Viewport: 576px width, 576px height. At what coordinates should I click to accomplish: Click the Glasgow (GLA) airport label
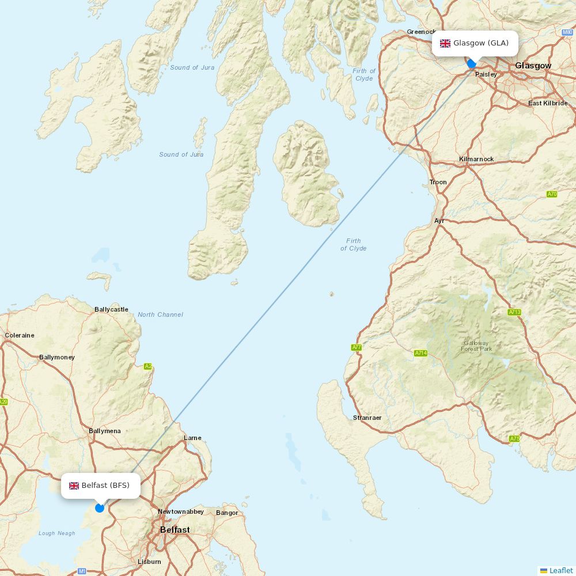(475, 43)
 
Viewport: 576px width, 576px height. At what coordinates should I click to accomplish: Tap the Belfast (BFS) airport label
(101, 486)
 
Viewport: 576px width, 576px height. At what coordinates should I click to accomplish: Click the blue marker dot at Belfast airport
(100, 507)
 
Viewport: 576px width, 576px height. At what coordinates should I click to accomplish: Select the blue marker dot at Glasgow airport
(472, 64)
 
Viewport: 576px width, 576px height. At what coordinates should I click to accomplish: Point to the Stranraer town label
(367, 418)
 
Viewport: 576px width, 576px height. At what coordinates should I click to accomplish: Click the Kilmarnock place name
(476, 159)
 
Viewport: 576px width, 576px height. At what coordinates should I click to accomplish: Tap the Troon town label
(438, 182)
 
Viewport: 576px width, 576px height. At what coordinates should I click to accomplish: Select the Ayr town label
(439, 221)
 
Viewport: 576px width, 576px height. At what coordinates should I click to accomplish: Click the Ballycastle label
(111, 309)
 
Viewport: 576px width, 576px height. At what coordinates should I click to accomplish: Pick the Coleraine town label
(20, 335)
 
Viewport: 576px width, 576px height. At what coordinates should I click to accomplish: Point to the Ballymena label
(105, 431)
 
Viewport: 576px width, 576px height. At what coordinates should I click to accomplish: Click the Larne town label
(192, 438)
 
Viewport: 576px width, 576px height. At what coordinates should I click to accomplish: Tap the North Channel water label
(160, 314)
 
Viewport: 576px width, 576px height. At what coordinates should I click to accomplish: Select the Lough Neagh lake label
(56, 533)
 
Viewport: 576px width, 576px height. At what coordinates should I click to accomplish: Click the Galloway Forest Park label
(476, 346)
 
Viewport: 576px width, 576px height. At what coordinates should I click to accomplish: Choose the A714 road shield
(420, 353)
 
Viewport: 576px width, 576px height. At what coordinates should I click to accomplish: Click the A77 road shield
(357, 347)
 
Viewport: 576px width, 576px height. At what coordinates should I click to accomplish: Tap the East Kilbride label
(547, 103)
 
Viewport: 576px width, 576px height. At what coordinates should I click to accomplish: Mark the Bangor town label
(227, 513)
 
